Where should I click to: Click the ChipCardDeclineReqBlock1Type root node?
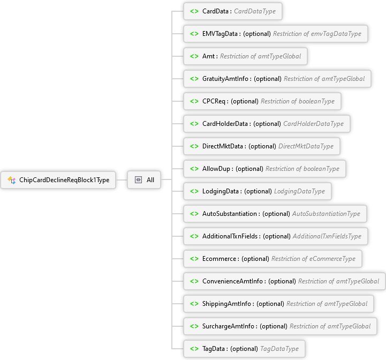(58, 180)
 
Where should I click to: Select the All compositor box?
(144, 180)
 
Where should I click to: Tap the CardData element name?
(215, 11)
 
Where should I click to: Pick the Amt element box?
(245, 56)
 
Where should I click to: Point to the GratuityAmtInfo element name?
(225, 79)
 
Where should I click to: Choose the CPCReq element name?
(214, 101)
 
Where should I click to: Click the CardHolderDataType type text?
(313, 124)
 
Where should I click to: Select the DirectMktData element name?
(223, 146)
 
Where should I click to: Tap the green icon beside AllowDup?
(194, 169)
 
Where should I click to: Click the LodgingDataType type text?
(299, 191)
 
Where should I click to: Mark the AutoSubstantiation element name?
(230, 214)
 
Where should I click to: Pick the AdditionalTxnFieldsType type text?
(327, 236)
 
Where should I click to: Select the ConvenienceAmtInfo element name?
(232, 281)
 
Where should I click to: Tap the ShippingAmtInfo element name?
(226, 304)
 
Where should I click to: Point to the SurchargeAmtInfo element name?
(228, 326)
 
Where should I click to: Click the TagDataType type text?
(279, 349)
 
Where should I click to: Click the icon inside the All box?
(138, 180)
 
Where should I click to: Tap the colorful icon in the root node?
(12, 180)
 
